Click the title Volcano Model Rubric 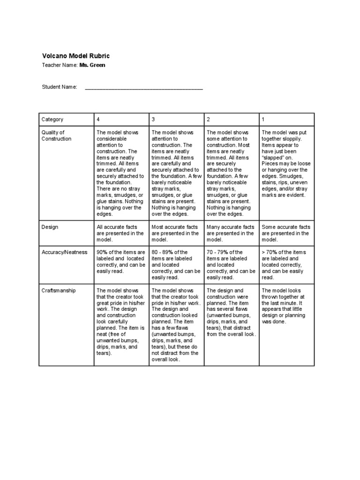coord(75,56)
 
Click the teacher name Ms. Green coord(92,65)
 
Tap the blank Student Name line coord(143,88)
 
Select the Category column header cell coord(52,120)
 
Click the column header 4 coord(98,120)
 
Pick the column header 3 coord(153,120)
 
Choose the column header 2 coord(208,120)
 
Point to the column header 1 coord(263,120)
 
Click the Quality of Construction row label coord(56,136)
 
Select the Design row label coord(50,227)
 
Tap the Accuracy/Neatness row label coord(64,252)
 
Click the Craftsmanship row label coord(58,291)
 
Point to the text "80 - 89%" coord(162,252)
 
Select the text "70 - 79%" coord(217,252)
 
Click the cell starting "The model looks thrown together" coord(283,306)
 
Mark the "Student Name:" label coord(60,88)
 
